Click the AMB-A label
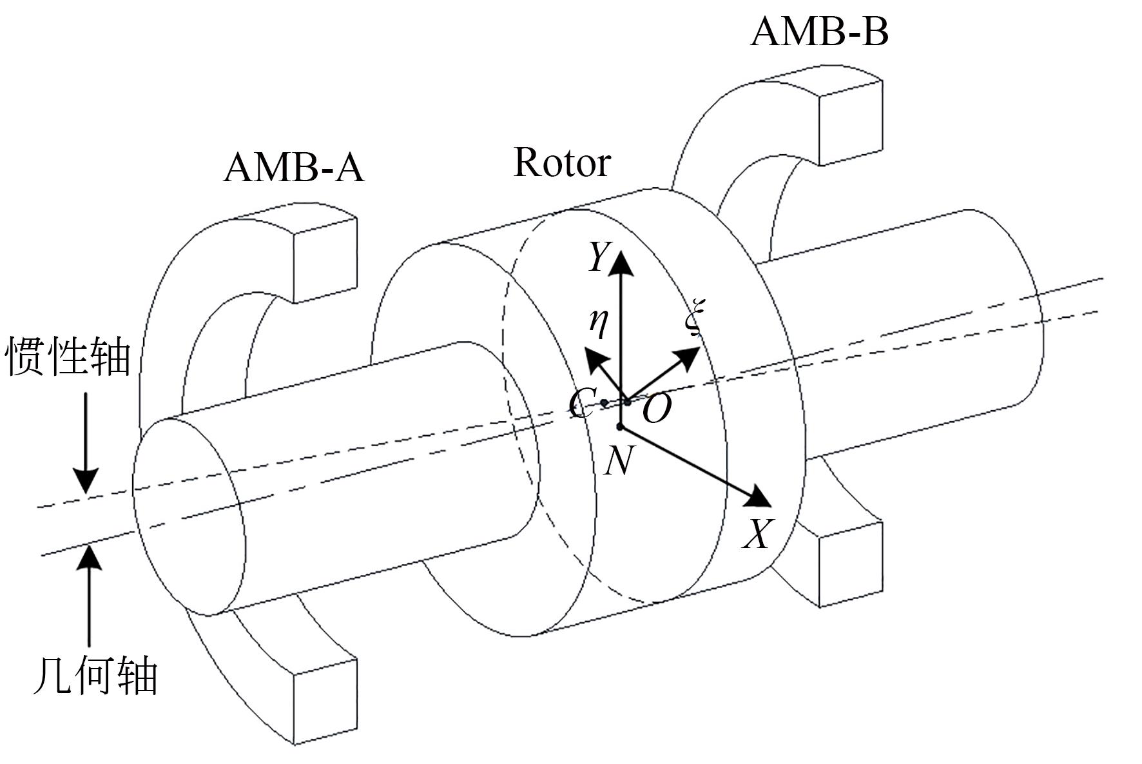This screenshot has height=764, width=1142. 294,168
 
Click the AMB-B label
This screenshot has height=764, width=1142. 820,32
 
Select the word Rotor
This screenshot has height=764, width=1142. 562,162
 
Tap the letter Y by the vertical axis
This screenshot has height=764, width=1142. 598,257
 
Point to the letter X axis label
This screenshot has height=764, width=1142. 757,534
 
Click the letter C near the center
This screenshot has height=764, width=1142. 581,405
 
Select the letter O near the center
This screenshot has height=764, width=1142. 657,409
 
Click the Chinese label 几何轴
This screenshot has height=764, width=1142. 95,676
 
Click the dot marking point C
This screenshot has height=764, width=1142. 604,403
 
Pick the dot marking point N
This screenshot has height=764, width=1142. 620,426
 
